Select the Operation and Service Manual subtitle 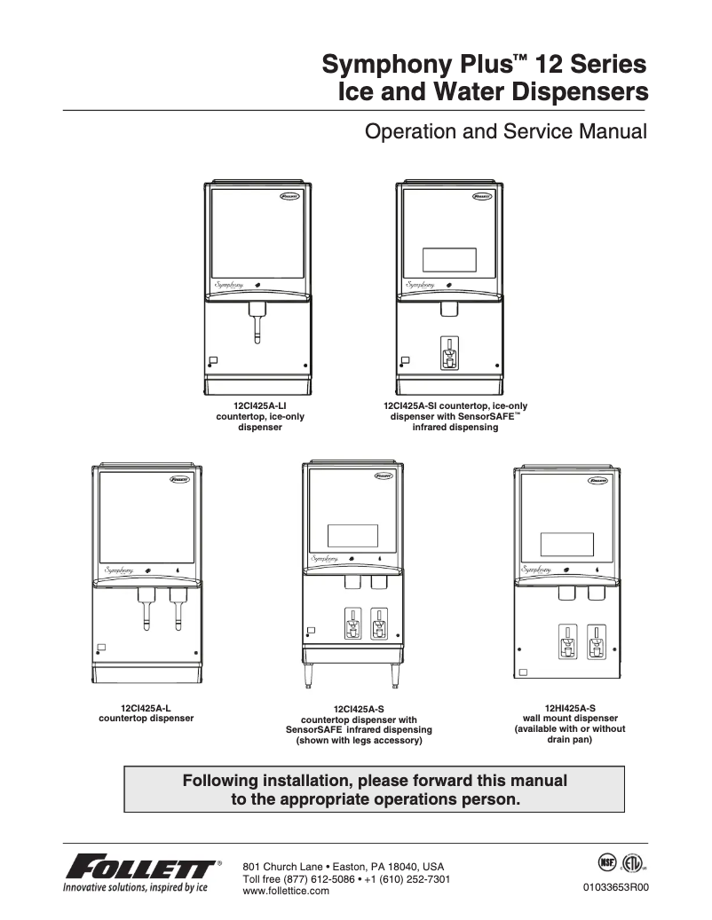(506, 133)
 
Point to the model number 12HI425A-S (570, 708)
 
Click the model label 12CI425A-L (146, 707)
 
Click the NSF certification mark (606, 862)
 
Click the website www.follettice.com (286, 891)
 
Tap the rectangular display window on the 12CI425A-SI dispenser (450, 259)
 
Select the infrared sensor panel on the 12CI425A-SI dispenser (450, 352)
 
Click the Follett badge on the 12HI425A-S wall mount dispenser (599, 481)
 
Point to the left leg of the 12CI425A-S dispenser (311, 677)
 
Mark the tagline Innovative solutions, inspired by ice (135, 887)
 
